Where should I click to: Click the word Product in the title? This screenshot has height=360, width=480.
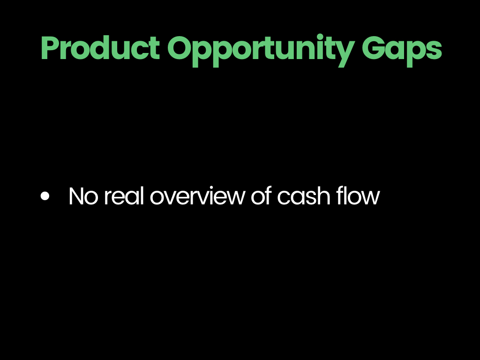click(x=100, y=48)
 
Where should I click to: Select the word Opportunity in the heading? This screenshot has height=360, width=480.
click(x=261, y=51)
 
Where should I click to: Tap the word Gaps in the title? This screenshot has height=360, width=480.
click(x=402, y=51)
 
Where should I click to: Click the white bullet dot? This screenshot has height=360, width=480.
click(x=45, y=196)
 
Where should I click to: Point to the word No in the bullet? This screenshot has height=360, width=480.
click(x=83, y=196)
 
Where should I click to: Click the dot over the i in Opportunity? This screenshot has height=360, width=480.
click(x=320, y=37)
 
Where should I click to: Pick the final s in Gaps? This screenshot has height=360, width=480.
click(x=434, y=51)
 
